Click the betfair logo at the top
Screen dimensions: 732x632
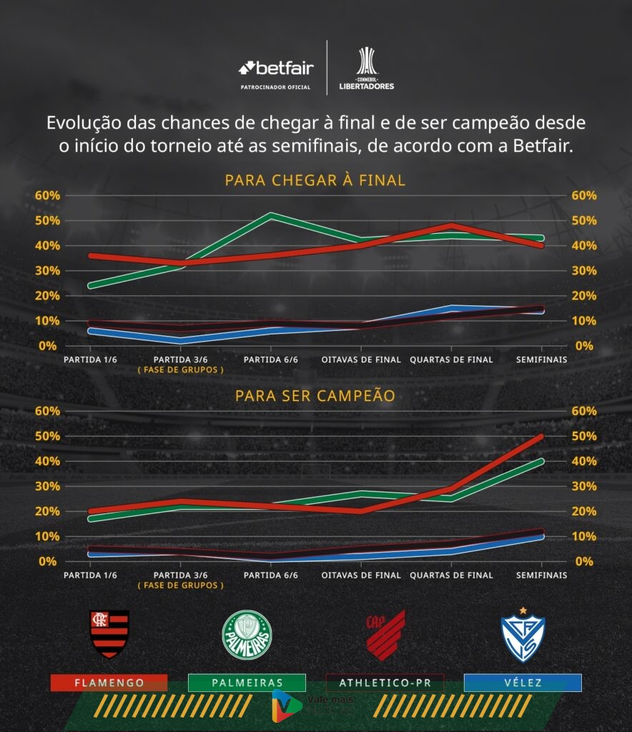click(276, 69)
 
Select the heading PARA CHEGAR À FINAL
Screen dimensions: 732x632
click(315, 180)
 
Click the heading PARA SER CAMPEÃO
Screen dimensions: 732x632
click(315, 395)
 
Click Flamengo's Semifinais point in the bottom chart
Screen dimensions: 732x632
click(541, 436)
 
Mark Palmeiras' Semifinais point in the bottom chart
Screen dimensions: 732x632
click(541, 461)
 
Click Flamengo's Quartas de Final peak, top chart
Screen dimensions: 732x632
click(451, 226)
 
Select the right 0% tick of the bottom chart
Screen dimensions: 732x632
click(583, 561)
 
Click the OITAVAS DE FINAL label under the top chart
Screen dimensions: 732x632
click(361, 360)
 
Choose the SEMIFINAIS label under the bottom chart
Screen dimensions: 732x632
click(541, 575)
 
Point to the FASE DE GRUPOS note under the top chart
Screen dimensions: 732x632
click(181, 370)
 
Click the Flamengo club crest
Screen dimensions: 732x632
click(109, 634)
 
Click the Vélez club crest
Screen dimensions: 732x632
click(523, 633)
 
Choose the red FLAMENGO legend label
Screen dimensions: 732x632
click(109, 683)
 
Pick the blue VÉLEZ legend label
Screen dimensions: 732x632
click(523, 683)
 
